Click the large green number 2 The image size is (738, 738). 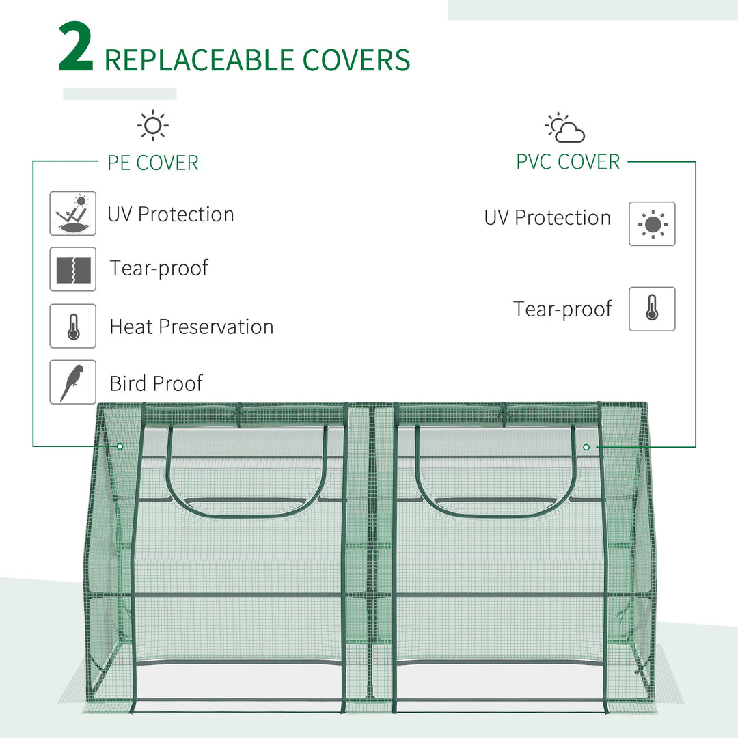pyautogui.click(x=75, y=48)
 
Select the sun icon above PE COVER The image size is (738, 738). pyautogui.click(x=152, y=126)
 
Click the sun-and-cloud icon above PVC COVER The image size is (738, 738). pyautogui.click(x=565, y=128)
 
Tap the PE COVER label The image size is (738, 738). pyautogui.click(x=153, y=163)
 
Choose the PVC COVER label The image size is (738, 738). pyautogui.click(x=568, y=162)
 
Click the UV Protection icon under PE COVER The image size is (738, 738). pyautogui.click(x=72, y=214)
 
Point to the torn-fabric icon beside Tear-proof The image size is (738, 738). pyautogui.click(x=72, y=269)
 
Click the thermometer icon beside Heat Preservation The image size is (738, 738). pyautogui.click(x=72, y=326)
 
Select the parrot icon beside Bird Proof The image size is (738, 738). pyautogui.click(x=72, y=382)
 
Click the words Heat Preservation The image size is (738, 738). pyautogui.click(x=191, y=327)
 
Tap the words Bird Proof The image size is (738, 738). pyautogui.click(x=156, y=383)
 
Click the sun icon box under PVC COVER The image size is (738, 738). pyautogui.click(x=652, y=223)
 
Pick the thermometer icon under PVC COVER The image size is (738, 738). pyautogui.click(x=652, y=309)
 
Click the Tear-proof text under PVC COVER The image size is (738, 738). pyautogui.click(x=562, y=310)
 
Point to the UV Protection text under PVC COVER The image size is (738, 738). pyautogui.click(x=547, y=218)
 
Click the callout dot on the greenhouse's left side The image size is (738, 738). pyautogui.click(x=120, y=446)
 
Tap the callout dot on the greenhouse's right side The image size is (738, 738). pyautogui.click(x=586, y=446)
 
